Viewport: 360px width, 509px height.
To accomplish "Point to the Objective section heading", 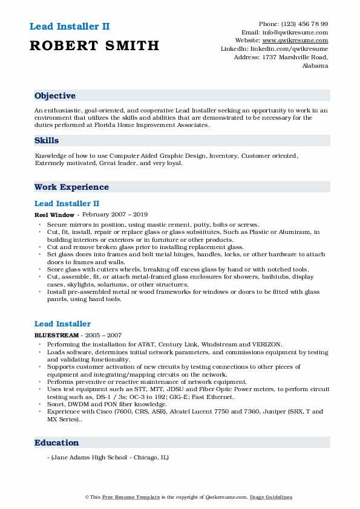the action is coord(55,96).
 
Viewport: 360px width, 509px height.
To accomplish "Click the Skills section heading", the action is coord(47,140).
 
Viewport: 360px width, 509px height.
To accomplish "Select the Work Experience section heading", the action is coord(71,187).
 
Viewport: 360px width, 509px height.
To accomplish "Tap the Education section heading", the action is coord(56,443).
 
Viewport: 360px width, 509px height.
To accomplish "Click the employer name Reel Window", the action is coord(54,215).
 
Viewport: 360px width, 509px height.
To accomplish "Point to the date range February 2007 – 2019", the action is coord(114,215).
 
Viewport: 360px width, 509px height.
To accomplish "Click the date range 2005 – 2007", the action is coord(104,335).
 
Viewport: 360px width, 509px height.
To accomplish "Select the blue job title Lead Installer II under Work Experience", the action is coord(67,204).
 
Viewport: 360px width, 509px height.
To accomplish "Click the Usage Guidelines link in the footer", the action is coord(270,497).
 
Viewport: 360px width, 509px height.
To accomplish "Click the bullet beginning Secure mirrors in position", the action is coord(153,224).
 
